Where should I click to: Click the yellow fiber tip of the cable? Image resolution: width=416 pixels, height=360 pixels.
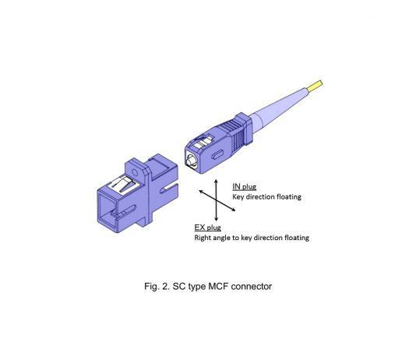316,86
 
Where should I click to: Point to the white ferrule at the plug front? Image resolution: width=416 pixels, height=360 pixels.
192,161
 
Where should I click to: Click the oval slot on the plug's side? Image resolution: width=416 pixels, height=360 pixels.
217,154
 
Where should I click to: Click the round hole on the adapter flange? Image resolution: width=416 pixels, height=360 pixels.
135,173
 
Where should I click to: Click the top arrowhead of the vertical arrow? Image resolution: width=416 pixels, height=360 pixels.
217,182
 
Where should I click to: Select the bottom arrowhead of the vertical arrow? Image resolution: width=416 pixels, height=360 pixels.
217,219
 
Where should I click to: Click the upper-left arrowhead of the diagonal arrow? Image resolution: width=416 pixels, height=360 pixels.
202,192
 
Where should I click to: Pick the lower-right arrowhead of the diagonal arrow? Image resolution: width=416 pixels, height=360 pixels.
232,210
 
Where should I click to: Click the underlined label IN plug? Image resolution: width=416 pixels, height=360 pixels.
245,187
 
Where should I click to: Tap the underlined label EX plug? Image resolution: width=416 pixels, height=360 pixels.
207,228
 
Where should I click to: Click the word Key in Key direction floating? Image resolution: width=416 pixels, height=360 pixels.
238,197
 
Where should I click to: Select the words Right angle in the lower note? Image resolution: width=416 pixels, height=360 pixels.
213,238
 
